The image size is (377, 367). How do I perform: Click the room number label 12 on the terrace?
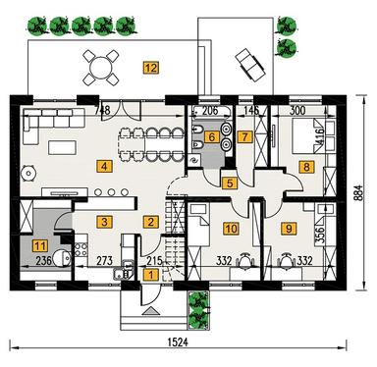click(x=150, y=68)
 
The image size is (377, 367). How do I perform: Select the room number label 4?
click(x=104, y=166)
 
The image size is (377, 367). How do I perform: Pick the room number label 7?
click(x=244, y=137)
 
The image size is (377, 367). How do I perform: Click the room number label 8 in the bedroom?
click(x=307, y=168)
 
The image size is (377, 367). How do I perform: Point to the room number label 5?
click(x=229, y=182)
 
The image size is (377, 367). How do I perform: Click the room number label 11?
click(x=40, y=246)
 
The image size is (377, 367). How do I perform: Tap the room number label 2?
click(x=150, y=223)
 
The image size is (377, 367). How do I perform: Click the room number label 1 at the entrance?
click(x=150, y=276)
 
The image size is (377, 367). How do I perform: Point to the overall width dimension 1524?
click(x=177, y=344)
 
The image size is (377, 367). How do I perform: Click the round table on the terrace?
click(x=101, y=69)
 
